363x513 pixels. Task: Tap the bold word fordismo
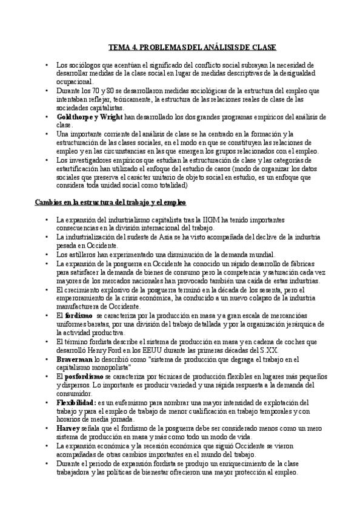[x=78, y=316]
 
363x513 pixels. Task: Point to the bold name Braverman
[x=75, y=359]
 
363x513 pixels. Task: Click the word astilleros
[x=79, y=254]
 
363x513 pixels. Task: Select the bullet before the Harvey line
[x=47, y=428]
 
